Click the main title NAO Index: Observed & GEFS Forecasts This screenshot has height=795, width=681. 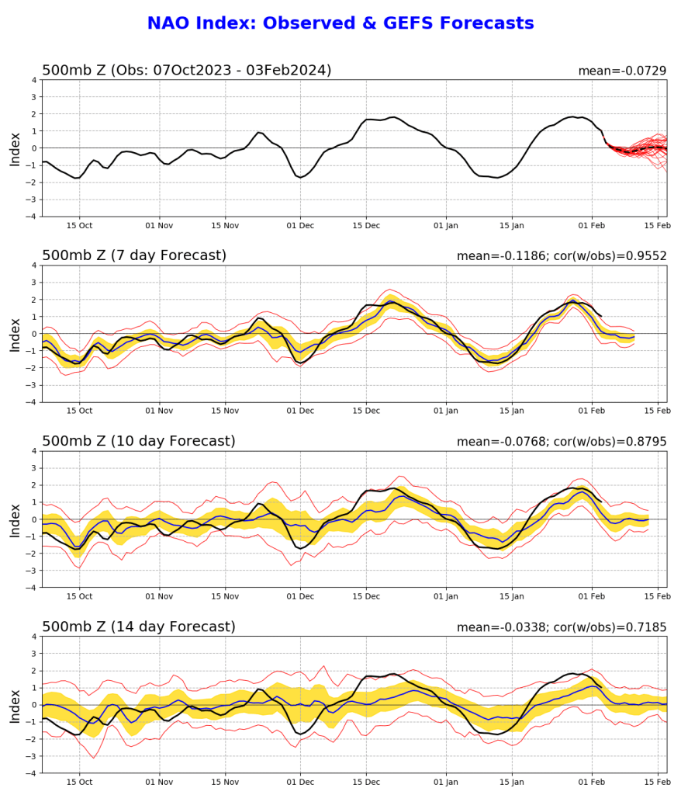click(340, 24)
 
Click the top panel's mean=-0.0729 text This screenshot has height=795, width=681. click(622, 71)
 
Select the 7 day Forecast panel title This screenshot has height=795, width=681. click(134, 255)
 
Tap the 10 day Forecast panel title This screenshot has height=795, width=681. click(138, 441)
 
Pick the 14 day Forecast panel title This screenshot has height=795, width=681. click(138, 627)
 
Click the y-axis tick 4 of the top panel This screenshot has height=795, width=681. click(33, 80)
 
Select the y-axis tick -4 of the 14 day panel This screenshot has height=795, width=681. click(31, 773)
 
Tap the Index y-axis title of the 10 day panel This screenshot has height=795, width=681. click(16, 519)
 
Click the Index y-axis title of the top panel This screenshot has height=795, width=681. click(16, 148)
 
